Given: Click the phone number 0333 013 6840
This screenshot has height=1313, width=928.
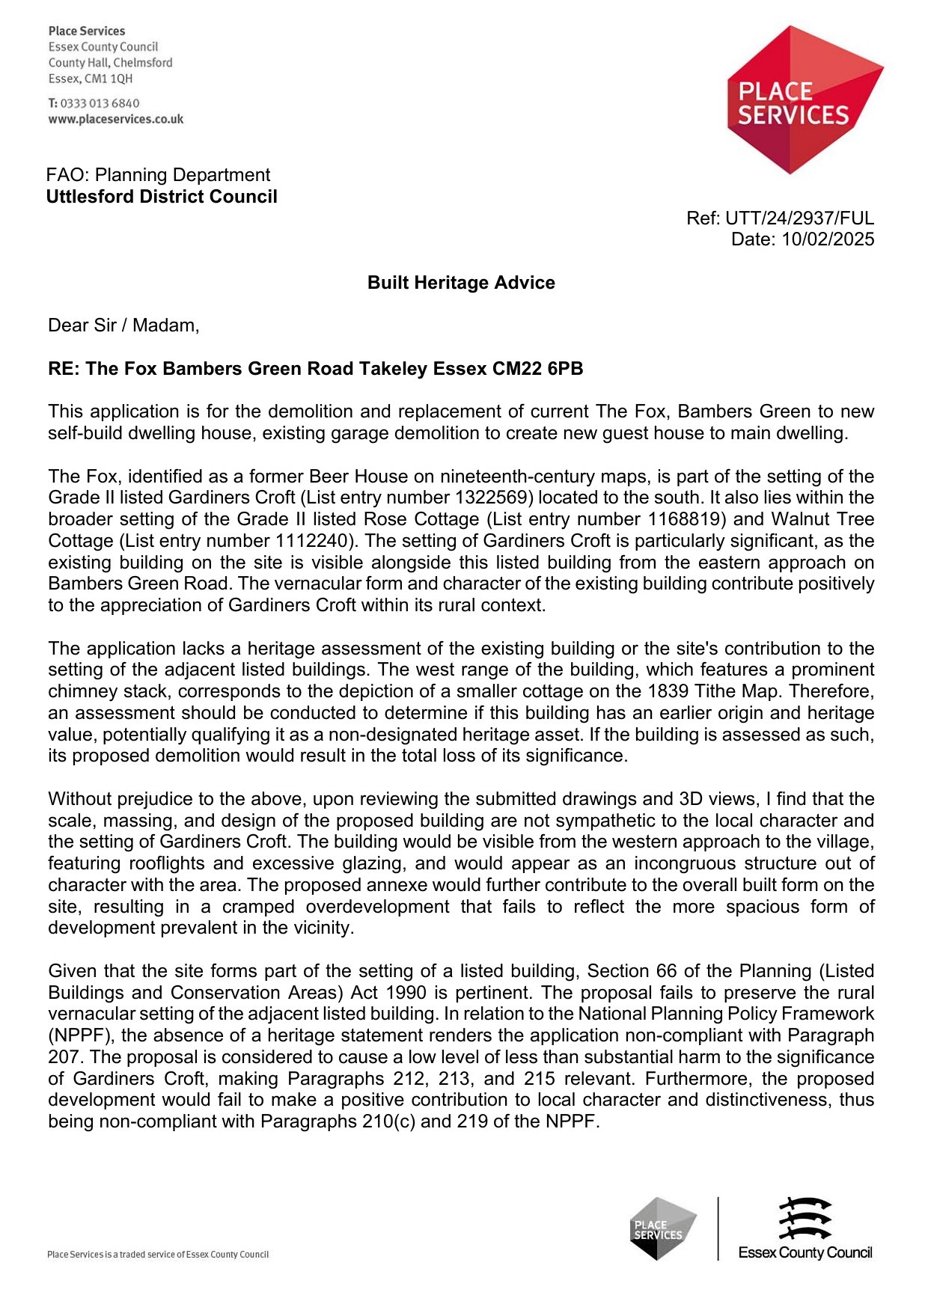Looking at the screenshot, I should click(x=100, y=103).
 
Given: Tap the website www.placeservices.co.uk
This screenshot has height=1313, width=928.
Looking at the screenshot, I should click(x=116, y=119).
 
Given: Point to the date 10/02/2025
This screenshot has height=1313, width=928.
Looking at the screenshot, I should click(x=828, y=239).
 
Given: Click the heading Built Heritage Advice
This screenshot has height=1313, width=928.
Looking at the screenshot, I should click(x=461, y=283).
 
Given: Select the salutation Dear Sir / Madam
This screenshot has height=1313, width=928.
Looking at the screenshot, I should click(x=123, y=325).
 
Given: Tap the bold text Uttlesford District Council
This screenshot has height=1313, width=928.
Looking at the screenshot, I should click(x=162, y=197).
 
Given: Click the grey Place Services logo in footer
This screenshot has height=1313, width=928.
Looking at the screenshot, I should click(x=662, y=1228).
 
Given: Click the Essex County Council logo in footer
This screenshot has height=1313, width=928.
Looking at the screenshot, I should click(x=805, y=1228).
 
